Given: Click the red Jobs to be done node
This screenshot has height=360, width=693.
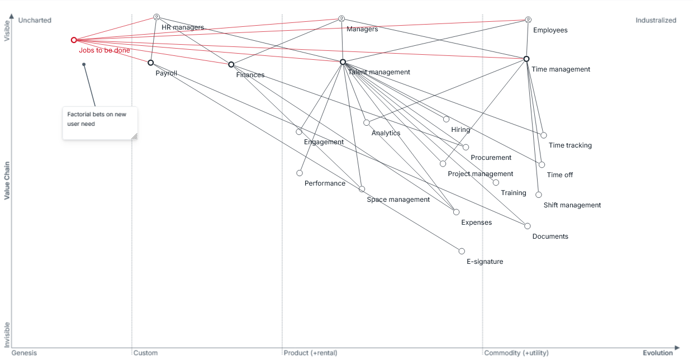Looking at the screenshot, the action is click(x=74, y=40).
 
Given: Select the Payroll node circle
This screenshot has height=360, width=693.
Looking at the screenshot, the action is click(x=151, y=63).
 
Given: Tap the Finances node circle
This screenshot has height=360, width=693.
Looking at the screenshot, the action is click(x=231, y=64).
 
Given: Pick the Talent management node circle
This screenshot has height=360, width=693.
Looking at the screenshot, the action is click(x=343, y=62).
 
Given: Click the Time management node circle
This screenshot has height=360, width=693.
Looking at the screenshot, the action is click(x=526, y=59).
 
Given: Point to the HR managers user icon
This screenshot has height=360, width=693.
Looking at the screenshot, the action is click(x=156, y=17).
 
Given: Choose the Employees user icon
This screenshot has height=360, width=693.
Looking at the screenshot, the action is click(x=528, y=20).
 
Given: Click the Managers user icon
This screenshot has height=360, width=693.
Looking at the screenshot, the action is click(x=341, y=18).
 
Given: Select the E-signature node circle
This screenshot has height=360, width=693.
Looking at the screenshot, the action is click(x=462, y=251).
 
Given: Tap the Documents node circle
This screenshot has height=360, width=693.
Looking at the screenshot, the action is click(x=528, y=226).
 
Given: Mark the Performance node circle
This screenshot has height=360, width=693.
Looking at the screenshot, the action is click(x=300, y=173).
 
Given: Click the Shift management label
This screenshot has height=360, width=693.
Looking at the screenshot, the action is click(x=572, y=205).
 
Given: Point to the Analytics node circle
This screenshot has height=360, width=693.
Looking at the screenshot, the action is click(x=367, y=123).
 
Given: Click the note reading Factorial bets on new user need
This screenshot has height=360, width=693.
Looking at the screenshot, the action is click(x=100, y=123).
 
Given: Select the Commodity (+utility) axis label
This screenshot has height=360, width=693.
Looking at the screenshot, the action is click(x=516, y=353).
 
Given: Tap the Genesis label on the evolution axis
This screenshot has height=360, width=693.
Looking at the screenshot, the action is click(x=24, y=353).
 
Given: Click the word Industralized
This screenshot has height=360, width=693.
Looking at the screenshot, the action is click(x=656, y=20).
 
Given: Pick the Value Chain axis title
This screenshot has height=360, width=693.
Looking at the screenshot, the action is click(x=7, y=181).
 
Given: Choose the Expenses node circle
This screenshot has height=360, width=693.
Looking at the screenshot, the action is click(x=457, y=212).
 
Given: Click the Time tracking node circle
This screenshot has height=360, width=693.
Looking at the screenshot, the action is click(x=544, y=135).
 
